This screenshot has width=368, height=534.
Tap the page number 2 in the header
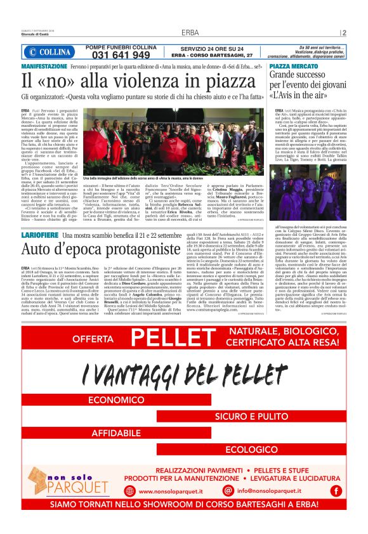click(x=343, y=32)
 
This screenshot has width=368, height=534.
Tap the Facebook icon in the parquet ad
click(x=336, y=490)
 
